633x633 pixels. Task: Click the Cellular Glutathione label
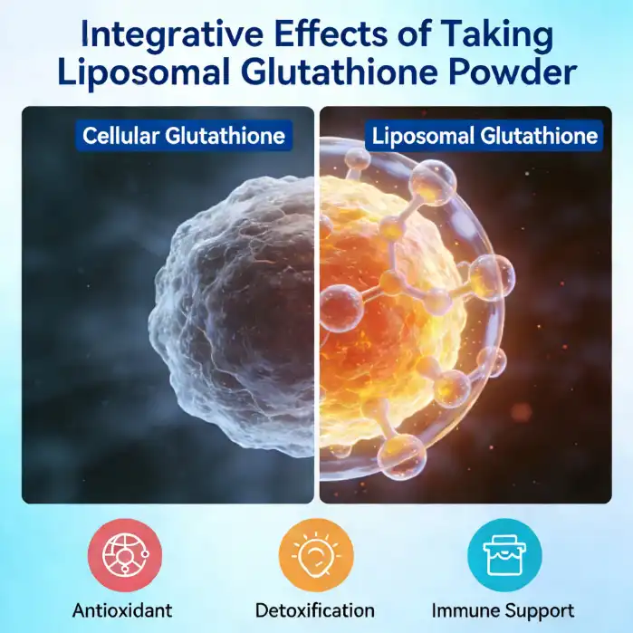[x=184, y=136]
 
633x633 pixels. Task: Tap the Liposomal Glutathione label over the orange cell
[x=484, y=136]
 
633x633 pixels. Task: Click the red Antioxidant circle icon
[x=125, y=554]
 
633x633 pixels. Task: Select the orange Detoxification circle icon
[x=314, y=554]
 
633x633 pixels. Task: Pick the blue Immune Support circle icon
[x=504, y=554]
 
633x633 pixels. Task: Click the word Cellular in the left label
[x=122, y=136]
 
